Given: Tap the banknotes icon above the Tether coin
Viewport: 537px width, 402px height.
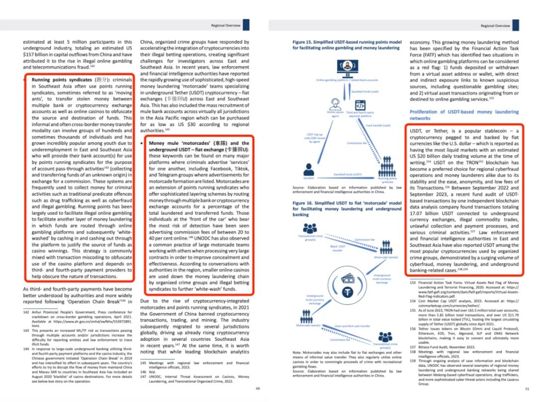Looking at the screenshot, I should pyautogui.click(x=348, y=277).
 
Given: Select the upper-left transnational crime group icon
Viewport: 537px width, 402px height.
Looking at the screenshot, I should pyautogui.click(x=310, y=228).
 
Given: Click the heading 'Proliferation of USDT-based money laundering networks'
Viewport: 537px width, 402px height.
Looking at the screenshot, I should pyautogui.click(x=463, y=115).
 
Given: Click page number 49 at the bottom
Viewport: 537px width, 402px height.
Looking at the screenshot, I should pyautogui.click(x=257, y=388).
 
